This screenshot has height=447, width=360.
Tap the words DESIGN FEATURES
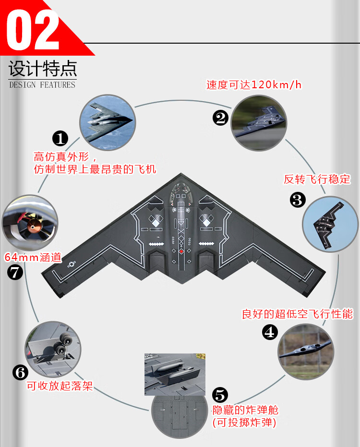pos(42,85)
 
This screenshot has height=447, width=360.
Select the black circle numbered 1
pos(60,139)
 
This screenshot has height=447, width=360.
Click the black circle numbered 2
pos(220,118)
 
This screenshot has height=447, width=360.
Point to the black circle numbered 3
pos(298,200)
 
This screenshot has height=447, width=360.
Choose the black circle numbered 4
pos(270,331)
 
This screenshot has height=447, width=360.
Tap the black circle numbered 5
pos(219,395)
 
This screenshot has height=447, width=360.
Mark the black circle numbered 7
pos(15,272)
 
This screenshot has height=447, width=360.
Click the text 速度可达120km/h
pos(254,85)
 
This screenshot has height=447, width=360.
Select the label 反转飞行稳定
pos(317,179)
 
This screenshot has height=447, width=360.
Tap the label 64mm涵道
pos(33,257)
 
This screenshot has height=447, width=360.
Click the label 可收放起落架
pos(59,385)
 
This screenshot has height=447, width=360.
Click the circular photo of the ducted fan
pos(30,223)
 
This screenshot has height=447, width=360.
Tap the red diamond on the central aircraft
pos(181,251)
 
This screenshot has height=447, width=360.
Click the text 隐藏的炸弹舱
pos(245,410)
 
